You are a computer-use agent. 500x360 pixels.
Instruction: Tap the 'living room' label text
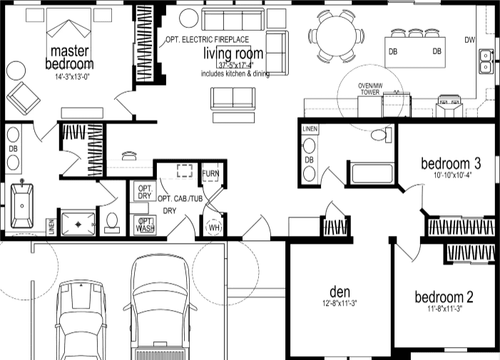233,53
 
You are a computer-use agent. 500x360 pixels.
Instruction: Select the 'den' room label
339,292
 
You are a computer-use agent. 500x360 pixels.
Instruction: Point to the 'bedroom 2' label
444,297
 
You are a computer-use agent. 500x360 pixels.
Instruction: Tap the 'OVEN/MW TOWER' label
370,88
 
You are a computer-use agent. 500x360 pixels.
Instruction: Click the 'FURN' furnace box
210,174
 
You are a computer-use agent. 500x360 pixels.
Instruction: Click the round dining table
336,35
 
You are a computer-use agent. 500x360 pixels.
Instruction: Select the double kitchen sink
486,61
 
